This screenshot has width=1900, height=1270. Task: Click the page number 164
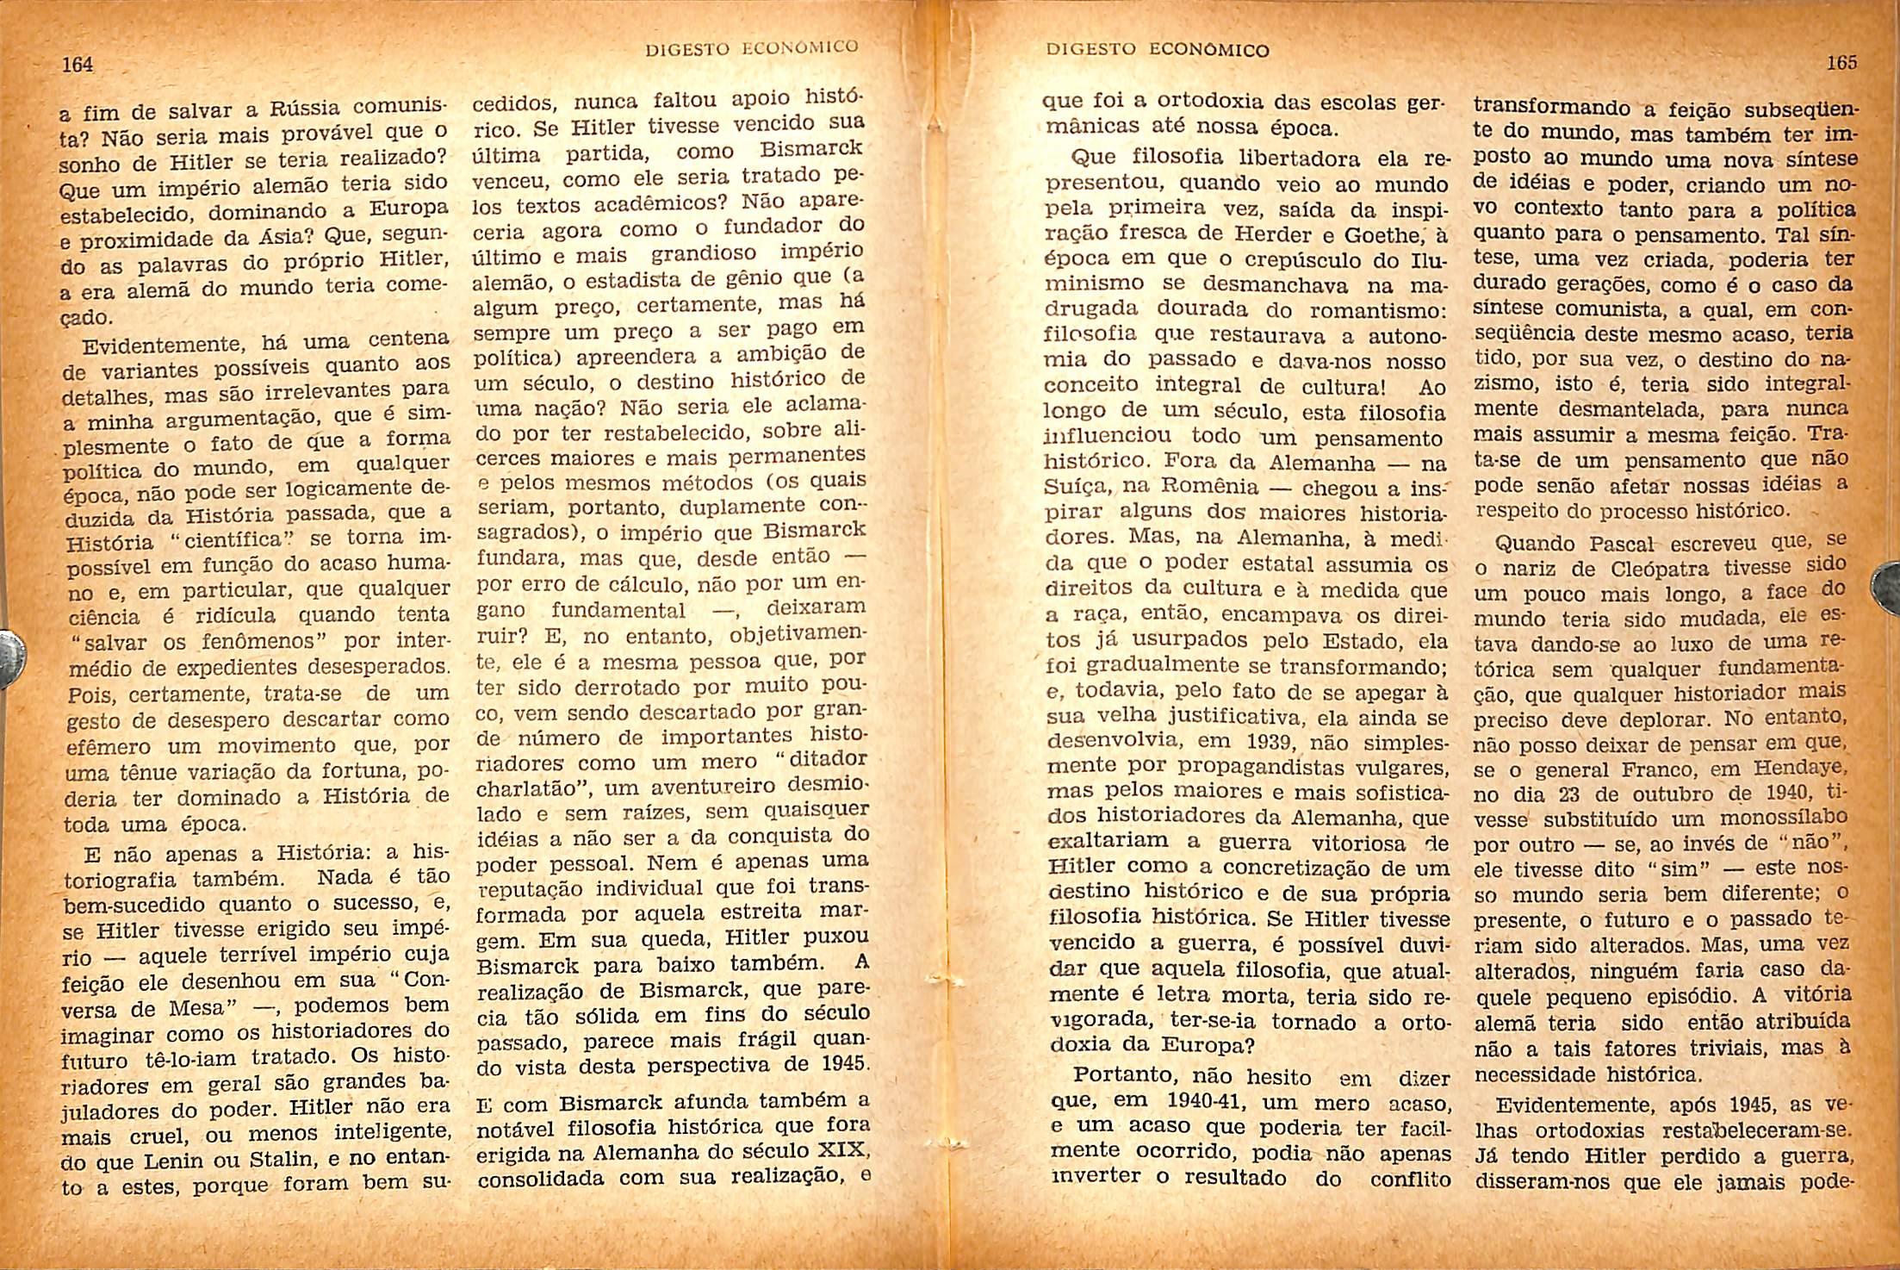coord(78,65)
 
